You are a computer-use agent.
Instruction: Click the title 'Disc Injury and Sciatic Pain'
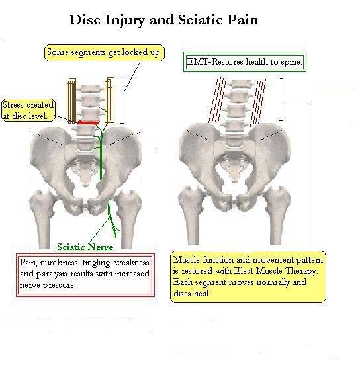pyautogui.click(x=164, y=20)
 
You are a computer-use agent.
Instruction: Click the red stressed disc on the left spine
pyautogui.click(x=88, y=122)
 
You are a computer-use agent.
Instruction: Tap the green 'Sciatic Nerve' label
pyautogui.click(x=85, y=247)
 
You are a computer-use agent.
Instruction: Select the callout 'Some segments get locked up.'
pyautogui.click(x=105, y=53)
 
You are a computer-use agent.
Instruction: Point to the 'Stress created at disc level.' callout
pyautogui.click(x=28, y=110)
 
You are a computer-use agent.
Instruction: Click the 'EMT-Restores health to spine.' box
pyautogui.click(x=245, y=62)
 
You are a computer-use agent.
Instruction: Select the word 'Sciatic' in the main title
pyautogui.click(x=201, y=19)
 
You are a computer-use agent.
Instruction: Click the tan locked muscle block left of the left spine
pyautogui.click(x=71, y=101)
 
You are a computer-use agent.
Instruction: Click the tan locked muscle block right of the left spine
pyautogui.click(x=110, y=101)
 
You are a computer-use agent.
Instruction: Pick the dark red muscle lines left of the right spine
pyautogui.click(x=217, y=101)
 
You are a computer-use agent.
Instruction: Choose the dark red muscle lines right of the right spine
pyautogui.click(x=258, y=102)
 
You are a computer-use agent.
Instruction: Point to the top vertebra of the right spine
pyautogui.click(x=238, y=85)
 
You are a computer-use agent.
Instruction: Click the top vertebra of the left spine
pyautogui.click(x=90, y=88)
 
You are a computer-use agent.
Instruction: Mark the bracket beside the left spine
pyautogui.click(x=122, y=99)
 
